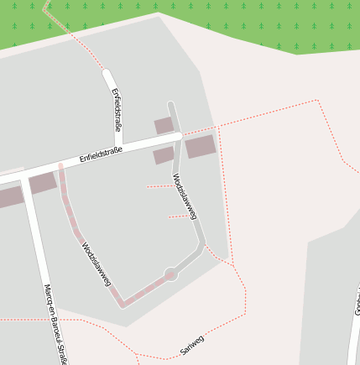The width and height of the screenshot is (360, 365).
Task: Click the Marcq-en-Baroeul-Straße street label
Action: tap(54, 323)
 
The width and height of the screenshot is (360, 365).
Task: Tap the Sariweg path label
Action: tap(192, 344)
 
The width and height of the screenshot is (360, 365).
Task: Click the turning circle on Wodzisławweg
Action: tap(171, 274)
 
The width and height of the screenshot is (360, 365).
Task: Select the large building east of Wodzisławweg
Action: tap(201, 147)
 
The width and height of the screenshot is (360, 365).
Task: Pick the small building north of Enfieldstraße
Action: tap(164, 126)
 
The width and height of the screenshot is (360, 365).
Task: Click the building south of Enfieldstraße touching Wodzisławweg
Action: tap(164, 155)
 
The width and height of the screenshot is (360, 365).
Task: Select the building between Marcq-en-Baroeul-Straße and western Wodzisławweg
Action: tap(42, 184)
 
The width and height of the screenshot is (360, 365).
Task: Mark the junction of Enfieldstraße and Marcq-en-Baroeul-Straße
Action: tap(25, 177)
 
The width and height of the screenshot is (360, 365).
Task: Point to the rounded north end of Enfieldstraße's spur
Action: tap(107, 74)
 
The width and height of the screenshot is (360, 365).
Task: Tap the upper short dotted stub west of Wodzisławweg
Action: tap(159, 186)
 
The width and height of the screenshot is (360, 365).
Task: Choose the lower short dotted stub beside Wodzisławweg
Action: tap(178, 216)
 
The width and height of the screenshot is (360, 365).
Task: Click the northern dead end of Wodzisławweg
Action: tap(170, 105)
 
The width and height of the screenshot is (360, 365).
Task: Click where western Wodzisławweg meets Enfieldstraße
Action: tap(60, 167)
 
